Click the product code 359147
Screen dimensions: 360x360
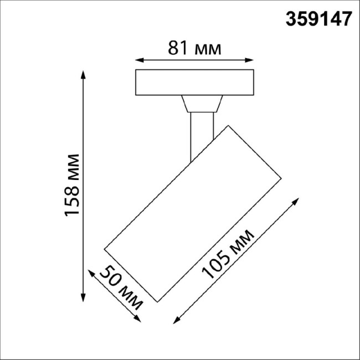(318, 19)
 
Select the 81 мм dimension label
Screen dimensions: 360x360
(194, 49)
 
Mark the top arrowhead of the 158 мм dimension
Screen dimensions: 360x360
(84, 72)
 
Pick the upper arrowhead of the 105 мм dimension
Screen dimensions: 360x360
(300, 200)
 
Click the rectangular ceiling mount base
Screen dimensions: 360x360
(195, 82)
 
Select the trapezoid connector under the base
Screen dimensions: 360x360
(202, 104)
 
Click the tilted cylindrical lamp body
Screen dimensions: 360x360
(194, 213)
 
